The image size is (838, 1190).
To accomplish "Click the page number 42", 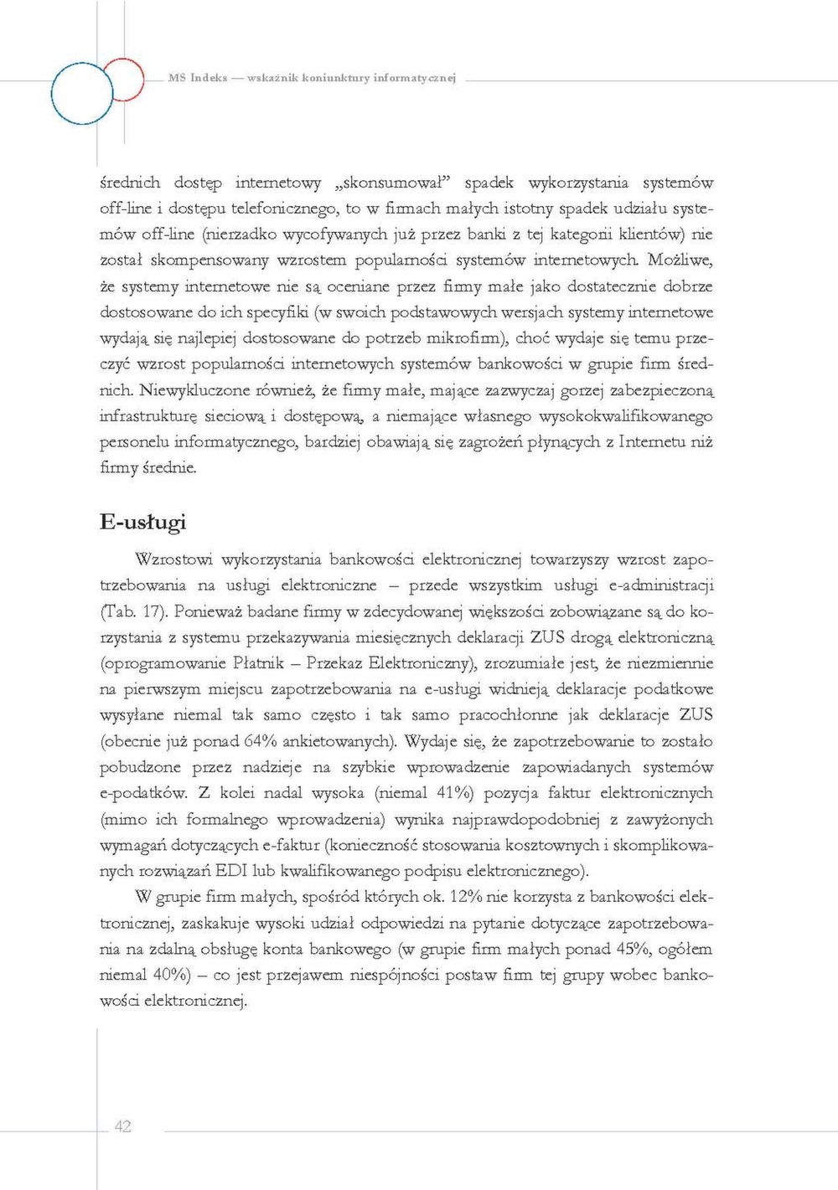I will click(x=122, y=1126).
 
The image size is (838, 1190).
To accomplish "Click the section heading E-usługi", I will click(x=142, y=523).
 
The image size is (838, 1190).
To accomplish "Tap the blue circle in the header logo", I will click(x=82, y=93).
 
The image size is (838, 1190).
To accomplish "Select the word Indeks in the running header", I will click(x=209, y=78).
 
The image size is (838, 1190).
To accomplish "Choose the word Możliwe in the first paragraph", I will click(x=679, y=260).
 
